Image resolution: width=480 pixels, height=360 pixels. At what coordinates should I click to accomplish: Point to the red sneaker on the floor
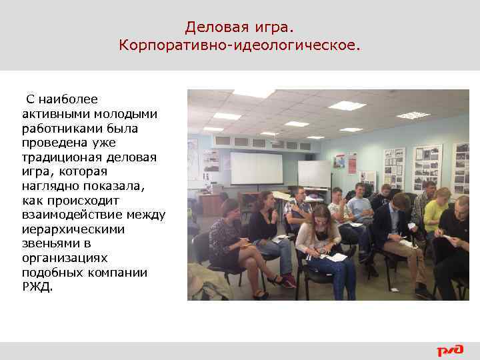pos(288,281)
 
